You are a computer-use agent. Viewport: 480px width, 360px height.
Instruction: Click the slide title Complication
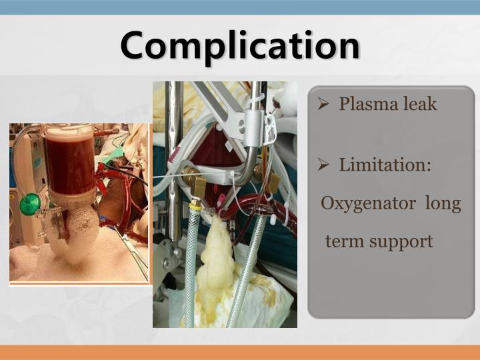coord(240,45)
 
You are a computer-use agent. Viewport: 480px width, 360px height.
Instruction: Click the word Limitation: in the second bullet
coord(385,164)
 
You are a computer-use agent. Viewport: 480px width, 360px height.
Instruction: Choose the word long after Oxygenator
coord(443,203)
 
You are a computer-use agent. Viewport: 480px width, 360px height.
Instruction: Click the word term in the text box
coord(343,241)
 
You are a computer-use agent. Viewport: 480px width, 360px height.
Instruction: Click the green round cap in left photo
coord(29,204)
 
